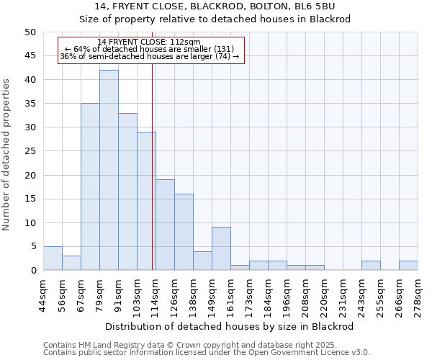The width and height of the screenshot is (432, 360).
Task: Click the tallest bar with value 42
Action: [x=109, y=170]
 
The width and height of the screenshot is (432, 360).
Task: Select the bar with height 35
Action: [x=90, y=186]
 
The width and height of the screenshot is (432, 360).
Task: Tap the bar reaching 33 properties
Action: [x=127, y=192]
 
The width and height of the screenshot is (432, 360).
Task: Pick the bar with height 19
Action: [x=165, y=225]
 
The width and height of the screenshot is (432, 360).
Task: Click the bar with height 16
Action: [x=184, y=232]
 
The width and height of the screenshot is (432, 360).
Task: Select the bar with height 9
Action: [x=221, y=248]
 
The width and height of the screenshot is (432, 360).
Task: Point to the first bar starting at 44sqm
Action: [x=53, y=258]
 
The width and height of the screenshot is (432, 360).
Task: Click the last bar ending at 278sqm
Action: [x=408, y=266]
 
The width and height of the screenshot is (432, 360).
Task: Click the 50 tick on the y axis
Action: [x=30, y=32]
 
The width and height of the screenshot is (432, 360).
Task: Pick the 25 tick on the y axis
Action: [x=30, y=151]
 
